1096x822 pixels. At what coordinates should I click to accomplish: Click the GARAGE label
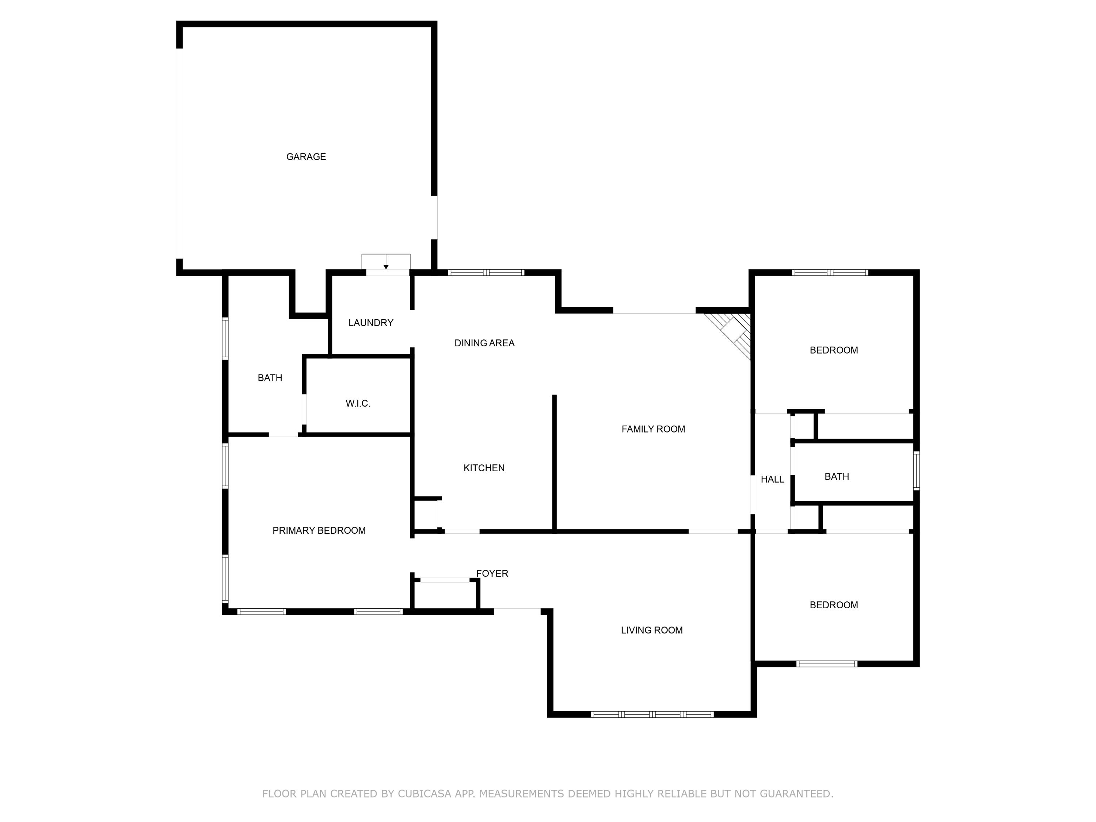coord(306,157)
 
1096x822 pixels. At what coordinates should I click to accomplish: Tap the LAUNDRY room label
coord(370,323)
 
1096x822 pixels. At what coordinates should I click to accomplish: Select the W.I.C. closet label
coord(358,403)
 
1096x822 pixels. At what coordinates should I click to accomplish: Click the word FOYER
coord(492,573)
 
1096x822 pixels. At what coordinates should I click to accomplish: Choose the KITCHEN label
coord(484,468)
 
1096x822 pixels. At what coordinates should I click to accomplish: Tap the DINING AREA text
coord(484,343)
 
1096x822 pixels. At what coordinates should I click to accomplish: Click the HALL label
coord(772,479)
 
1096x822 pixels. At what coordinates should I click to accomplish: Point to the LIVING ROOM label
coord(651,630)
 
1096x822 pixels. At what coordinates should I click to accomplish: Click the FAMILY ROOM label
coord(653,429)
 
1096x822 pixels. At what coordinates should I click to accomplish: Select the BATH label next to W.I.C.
coord(270,377)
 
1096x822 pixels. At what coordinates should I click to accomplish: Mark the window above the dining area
coord(486,272)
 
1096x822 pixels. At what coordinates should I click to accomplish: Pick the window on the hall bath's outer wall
coord(916,470)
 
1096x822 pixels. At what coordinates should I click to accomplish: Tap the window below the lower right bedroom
coord(826,663)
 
